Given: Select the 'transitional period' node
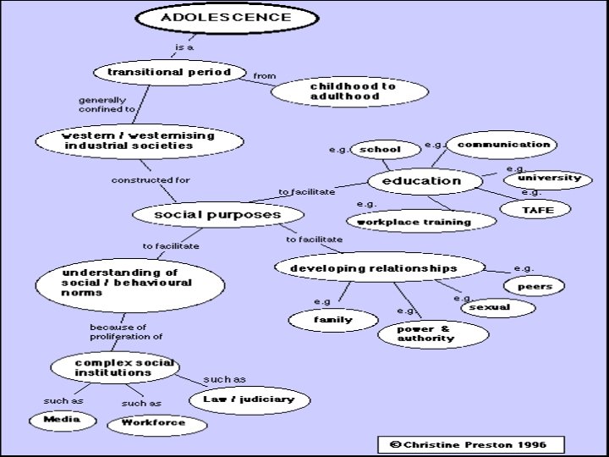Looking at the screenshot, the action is pyautogui.click(x=169, y=73).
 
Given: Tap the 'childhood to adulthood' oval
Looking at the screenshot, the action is pyautogui.click(x=352, y=91).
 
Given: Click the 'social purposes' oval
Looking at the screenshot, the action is pyautogui.click(x=217, y=215).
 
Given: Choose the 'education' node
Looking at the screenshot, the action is pyautogui.click(x=421, y=181).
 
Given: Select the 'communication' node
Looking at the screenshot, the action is pyautogui.click(x=502, y=145).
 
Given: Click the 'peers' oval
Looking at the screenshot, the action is pyautogui.click(x=534, y=286).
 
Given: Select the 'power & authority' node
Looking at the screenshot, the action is pyautogui.click(x=431, y=333).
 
